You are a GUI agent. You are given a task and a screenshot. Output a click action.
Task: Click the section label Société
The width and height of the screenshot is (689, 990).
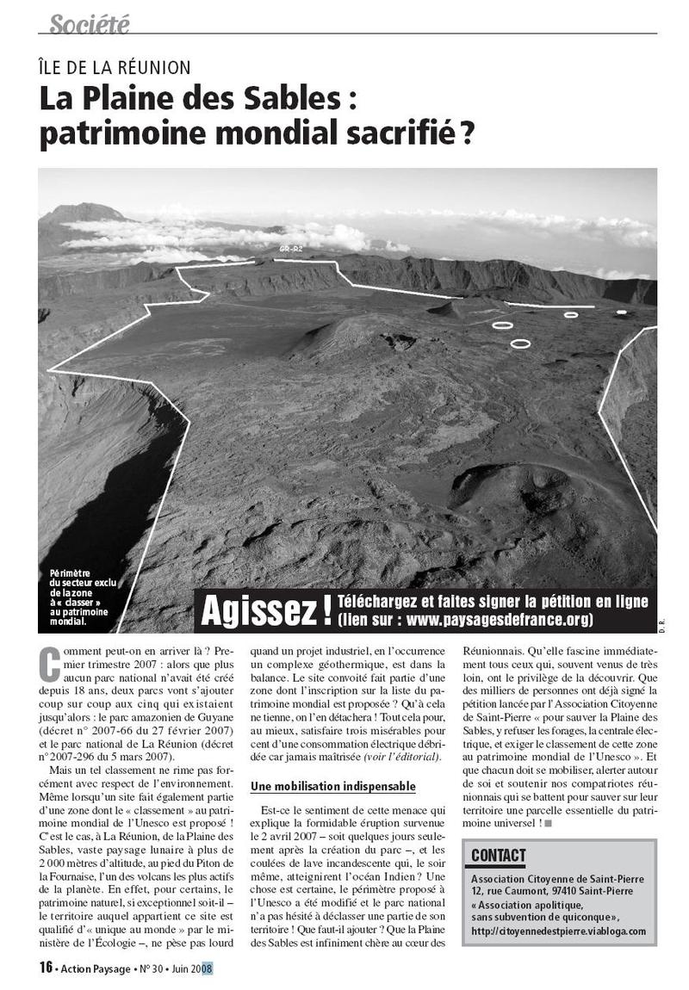[x=89, y=25]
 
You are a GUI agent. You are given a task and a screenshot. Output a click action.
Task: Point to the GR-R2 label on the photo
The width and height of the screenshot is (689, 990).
[x=290, y=249]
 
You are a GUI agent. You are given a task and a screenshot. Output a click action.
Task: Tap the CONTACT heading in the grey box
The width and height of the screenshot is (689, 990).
[x=499, y=855]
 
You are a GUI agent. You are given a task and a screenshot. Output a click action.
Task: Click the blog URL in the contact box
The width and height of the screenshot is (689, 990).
[x=559, y=931]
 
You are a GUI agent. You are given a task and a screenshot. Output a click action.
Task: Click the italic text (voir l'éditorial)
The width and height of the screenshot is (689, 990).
[x=402, y=756]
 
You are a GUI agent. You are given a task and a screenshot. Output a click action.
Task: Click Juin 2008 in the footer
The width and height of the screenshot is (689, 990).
[x=190, y=968]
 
